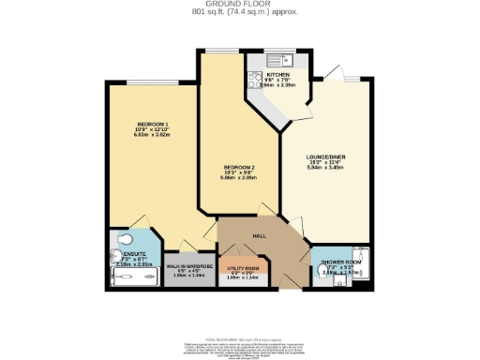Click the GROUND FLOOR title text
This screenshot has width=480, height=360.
coord(239,5)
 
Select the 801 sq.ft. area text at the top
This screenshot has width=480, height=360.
coord(239,13)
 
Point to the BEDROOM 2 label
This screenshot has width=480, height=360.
coord(237,168)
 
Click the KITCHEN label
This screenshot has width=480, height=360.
coord(278,74)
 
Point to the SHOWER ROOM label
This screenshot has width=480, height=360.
coord(337,260)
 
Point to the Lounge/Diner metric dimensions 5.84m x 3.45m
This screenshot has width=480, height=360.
coord(322,170)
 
